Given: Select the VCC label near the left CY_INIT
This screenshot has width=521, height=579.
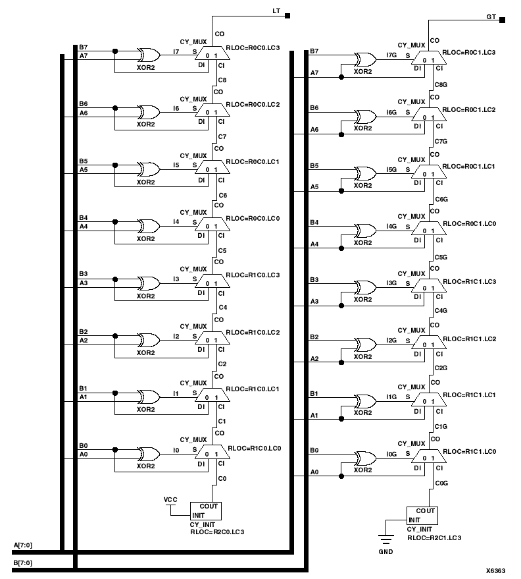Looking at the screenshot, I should tap(170, 500).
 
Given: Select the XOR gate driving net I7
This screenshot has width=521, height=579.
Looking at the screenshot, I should tap(147, 55).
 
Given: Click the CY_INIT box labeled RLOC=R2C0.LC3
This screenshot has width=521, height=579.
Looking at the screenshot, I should tap(206, 511).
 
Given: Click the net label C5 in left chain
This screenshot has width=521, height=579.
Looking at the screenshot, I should tap(222, 251).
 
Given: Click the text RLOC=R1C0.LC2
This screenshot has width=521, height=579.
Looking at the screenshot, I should tap(253, 333).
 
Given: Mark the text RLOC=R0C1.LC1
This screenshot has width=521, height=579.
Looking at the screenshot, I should tap(471, 166).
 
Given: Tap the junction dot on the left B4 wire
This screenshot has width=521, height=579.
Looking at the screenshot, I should tap(116, 221).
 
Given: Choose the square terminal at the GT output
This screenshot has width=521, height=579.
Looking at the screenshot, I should tap(502, 20).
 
